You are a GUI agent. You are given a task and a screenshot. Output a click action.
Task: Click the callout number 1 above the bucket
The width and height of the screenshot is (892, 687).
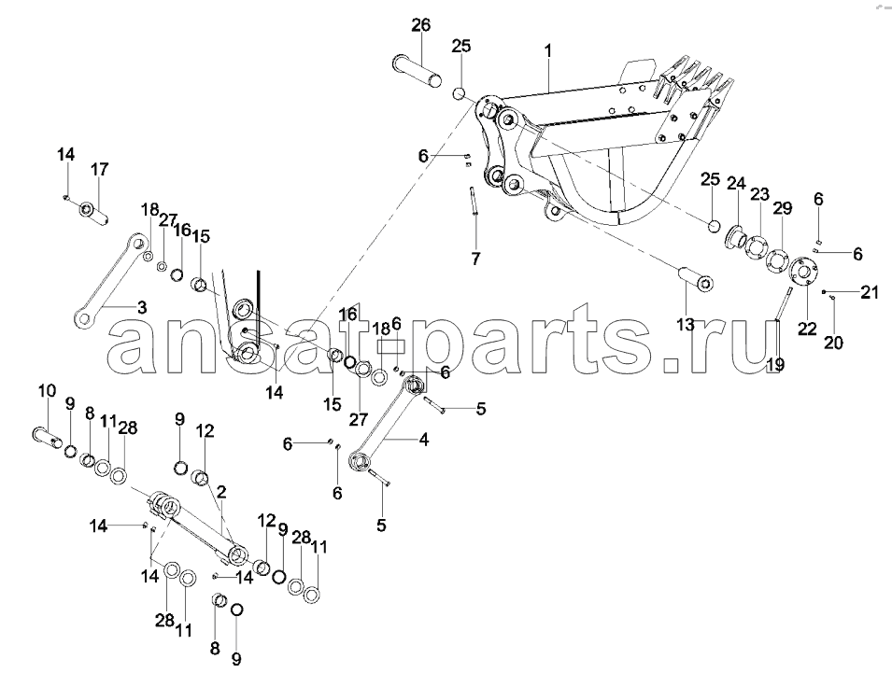pyautogui.click(x=548, y=51)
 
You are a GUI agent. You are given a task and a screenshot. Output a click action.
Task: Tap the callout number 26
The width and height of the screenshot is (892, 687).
pyautogui.click(x=421, y=25)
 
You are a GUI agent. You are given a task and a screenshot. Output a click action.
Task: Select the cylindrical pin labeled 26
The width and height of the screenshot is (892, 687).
pyautogui.click(x=417, y=71)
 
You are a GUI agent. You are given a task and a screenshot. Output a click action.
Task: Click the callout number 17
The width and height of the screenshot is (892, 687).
pyautogui.click(x=100, y=169)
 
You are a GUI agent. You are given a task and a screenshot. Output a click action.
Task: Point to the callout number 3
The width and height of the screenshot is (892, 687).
pyautogui.click(x=142, y=308)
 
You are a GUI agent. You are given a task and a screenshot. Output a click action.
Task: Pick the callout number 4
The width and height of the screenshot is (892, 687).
pyautogui.click(x=424, y=440)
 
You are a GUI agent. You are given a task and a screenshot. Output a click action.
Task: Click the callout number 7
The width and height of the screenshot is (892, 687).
pyautogui.click(x=475, y=259)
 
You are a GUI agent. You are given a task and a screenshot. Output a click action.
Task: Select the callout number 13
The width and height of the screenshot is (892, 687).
pyautogui.click(x=686, y=324)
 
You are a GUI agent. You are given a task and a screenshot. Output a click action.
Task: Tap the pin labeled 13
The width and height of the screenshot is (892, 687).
pyautogui.click(x=696, y=279)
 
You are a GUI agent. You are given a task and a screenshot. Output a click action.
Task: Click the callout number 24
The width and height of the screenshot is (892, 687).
pyautogui.click(x=736, y=183)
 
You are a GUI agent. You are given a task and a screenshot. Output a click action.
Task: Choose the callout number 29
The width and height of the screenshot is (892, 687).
pyautogui.click(x=783, y=208)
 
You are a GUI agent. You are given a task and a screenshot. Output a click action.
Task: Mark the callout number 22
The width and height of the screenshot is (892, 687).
pyautogui.click(x=807, y=329)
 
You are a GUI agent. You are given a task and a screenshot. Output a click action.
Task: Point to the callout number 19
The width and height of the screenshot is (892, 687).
pyautogui.click(x=775, y=365)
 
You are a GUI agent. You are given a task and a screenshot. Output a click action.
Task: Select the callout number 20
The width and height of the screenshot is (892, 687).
pyautogui.click(x=833, y=343)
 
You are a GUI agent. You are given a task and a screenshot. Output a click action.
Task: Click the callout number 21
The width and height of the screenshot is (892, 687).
pyautogui.click(x=870, y=292)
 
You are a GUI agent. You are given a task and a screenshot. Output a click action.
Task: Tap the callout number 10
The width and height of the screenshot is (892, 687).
pyautogui.click(x=48, y=391)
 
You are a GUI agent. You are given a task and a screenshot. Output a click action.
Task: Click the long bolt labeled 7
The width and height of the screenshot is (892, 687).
pyautogui.click(x=474, y=202)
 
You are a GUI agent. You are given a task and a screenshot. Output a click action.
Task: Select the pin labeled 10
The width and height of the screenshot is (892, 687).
pyautogui.click(x=48, y=438)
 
